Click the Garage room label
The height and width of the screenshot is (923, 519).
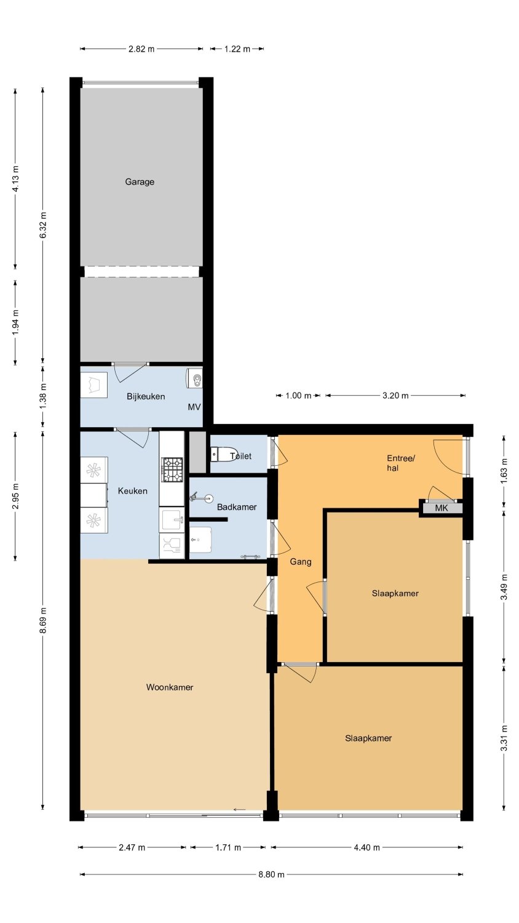tap(140, 182)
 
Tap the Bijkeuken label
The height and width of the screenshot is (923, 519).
tap(146, 396)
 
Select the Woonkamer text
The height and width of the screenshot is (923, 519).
tap(170, 687)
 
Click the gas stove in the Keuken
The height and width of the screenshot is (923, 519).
tap(172, 469)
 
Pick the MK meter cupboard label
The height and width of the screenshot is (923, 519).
tap(441, 508)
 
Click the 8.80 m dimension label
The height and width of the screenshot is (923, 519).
tap(271, 874)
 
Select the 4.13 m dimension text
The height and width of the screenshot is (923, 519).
tap(15, 179)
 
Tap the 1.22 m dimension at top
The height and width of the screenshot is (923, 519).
tap(237, 49)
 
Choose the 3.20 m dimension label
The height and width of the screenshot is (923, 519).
tap(395, 396)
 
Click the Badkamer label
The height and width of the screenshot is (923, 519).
tap(237, 507)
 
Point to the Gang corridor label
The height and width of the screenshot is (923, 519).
tap(301, 562)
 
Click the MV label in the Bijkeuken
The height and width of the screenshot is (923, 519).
tap(194, 407)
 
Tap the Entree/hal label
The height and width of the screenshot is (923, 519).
tap(401, 463)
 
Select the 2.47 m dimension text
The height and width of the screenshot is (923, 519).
tap(132, 847)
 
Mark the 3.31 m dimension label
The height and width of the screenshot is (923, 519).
tap(504, 738)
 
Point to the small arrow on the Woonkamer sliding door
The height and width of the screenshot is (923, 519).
tap(240, 810)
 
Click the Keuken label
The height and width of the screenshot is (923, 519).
tap(133, 491)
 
